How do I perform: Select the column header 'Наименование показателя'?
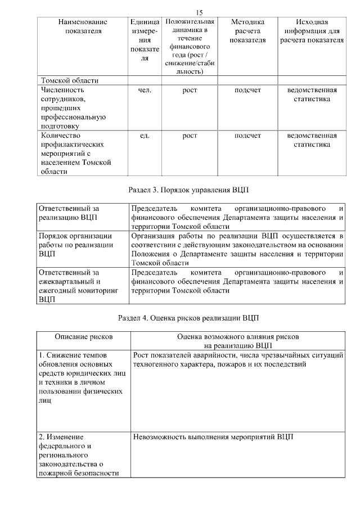(x=83, y=26)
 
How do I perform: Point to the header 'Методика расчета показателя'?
(x=247, y=31)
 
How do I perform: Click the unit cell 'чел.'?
(x=145, y=89)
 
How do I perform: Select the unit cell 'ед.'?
(x=145, y=136)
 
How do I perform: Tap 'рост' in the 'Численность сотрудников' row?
(x=190, y=89)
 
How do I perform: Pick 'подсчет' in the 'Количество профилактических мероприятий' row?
(x=247, y=136)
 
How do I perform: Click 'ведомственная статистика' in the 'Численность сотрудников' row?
(x=312, y=94)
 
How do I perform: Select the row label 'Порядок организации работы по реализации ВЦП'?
(x=76, y=245)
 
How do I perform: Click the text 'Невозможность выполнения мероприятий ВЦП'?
(x=213, y=437)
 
